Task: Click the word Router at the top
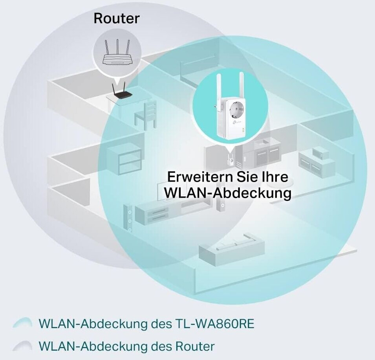pyautogui.click(x=116, y=18)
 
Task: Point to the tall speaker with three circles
pyautogui.click(x=128, y=220)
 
